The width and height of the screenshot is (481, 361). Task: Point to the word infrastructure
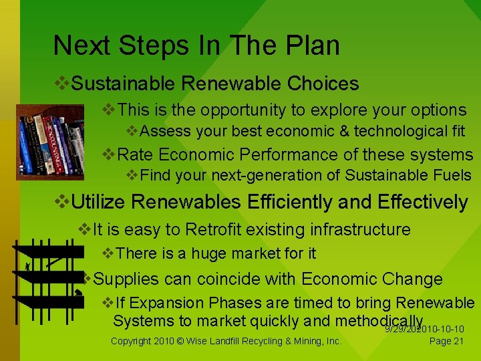click(x=360, y=229)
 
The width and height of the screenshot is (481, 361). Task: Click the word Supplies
click(x=126, y=279)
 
